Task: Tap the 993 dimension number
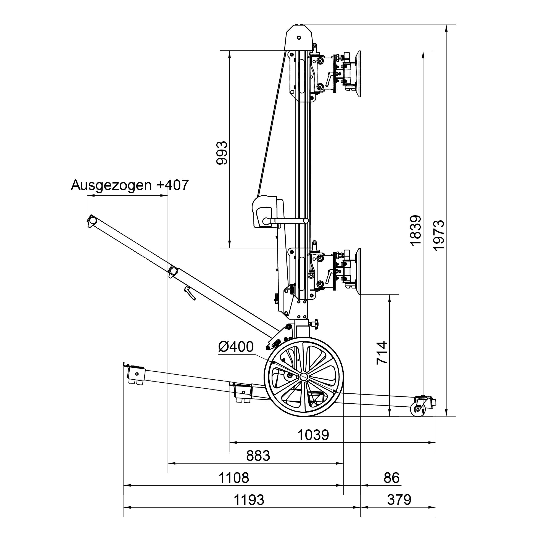click(222, 153)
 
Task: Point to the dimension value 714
click(382, 353)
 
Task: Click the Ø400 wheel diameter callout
click(236, 347)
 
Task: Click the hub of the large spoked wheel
click(304, 377)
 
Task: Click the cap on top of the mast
click(298, 37)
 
